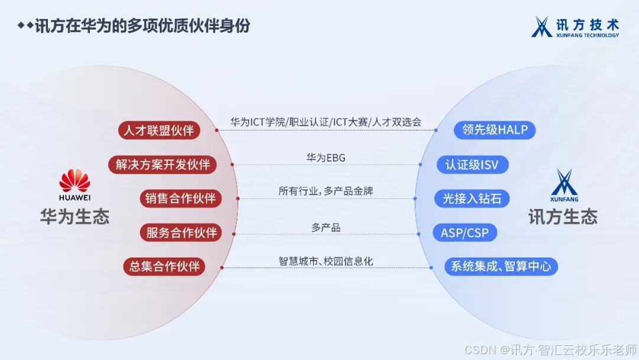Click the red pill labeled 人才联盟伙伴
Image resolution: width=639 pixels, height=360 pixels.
click(159, 131)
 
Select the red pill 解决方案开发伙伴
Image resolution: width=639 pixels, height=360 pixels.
click(163, 165)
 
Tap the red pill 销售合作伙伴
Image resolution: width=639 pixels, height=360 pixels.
click(180, 199)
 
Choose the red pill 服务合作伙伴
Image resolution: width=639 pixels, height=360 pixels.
click(180, 233)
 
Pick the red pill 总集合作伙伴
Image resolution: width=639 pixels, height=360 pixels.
click(164, 266)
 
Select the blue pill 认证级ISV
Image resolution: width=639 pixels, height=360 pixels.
click(473, 165)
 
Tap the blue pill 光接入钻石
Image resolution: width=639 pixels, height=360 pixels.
click(472, 199)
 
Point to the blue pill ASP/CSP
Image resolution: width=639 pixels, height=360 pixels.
click(465, 233)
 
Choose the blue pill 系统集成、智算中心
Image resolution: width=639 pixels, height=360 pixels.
click(501, 266)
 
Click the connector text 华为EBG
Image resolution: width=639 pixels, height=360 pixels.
click(325, 157)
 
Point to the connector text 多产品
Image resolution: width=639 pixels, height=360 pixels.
click(326, 227)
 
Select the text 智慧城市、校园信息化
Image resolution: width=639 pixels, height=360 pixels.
click(326, 261)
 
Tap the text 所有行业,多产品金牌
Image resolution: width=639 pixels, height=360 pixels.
click(326, 191)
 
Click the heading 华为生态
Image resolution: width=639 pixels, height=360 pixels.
click(75, 217)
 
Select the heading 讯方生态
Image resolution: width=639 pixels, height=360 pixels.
click(563, 217)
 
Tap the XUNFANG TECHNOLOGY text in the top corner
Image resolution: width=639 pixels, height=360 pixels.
click(587, 36)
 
